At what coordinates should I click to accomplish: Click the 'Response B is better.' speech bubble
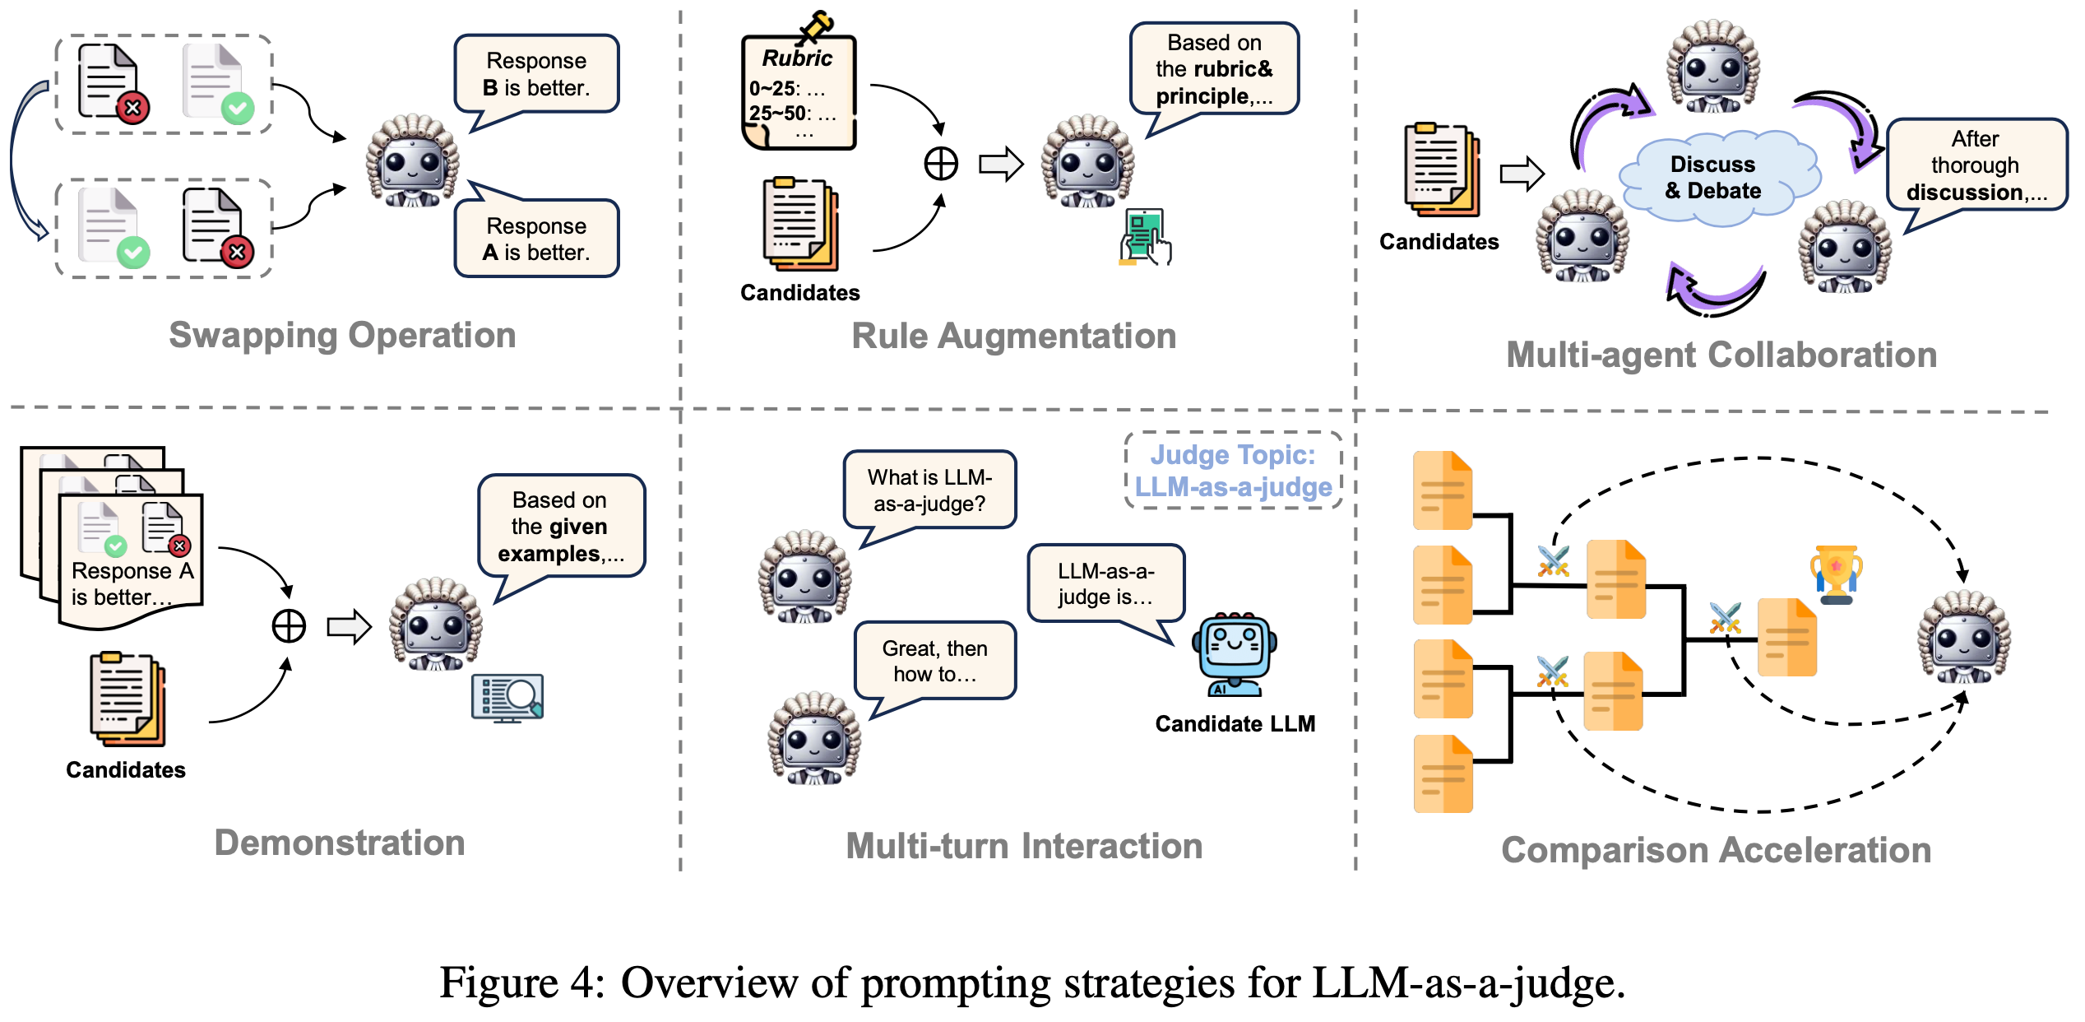[536, 74]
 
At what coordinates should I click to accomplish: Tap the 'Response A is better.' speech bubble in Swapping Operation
[536, 239]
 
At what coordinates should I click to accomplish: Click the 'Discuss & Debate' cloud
[1716, 177]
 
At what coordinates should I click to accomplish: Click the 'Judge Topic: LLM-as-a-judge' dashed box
[1233, 471]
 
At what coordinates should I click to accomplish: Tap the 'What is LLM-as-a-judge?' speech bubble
[929, 490]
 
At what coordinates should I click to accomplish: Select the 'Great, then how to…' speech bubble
[935, 661]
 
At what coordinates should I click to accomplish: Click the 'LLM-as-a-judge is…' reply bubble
[1105, 584]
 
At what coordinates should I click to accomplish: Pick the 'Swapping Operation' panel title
[342, 336]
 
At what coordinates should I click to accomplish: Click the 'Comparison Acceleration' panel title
[1716, 850]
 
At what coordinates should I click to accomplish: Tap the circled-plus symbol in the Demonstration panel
[289, 626]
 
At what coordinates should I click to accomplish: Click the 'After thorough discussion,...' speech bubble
[1976, 165]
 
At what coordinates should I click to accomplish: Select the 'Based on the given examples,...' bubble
[560, 527]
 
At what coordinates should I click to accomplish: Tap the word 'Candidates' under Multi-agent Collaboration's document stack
[1439, 242]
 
